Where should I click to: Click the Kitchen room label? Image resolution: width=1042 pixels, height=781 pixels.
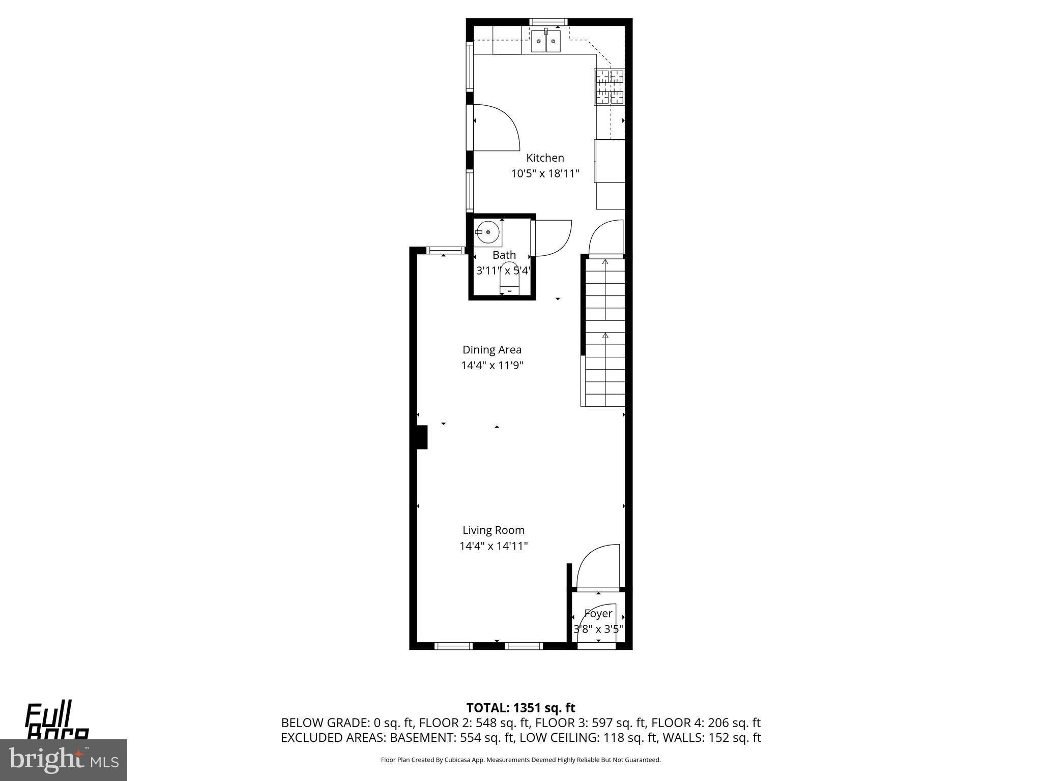tap(545, 158)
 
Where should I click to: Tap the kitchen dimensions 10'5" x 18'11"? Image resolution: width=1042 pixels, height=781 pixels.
tap(545, 174)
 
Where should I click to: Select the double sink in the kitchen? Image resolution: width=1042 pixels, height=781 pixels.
tap(545, 41)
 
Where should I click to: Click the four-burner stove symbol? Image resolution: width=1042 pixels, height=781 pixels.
tap(610, 87)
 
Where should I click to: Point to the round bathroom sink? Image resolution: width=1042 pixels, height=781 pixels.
tap(487, 232)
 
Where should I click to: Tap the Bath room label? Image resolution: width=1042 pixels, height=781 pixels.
tap(504, 255)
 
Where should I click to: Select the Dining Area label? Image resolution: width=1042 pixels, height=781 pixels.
tap(491, 350)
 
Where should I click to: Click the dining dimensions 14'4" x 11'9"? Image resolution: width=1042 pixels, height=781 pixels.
tap(491, 366)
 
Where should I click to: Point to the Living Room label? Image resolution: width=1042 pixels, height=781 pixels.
tap(493, 530)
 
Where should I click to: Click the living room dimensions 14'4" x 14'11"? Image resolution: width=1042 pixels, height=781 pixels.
tap(493, 546)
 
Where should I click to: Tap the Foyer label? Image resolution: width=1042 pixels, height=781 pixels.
tap(598, 614)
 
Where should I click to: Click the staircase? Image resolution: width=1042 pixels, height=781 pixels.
tap(604, 331)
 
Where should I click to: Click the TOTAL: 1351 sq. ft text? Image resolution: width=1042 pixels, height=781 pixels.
tap(520, 708)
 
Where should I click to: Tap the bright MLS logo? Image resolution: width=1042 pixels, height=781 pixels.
tap(63, 760)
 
